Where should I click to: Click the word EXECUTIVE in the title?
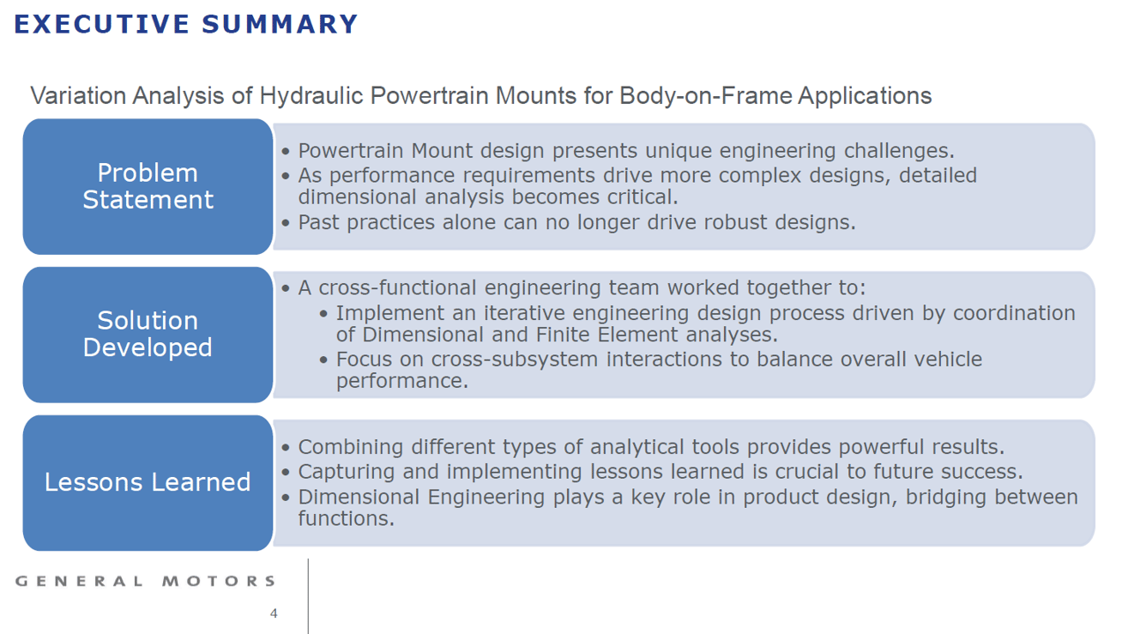(102, 24)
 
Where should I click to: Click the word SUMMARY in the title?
(280, 24)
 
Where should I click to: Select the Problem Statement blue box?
(148, 186)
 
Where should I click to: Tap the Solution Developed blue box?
(148, 335)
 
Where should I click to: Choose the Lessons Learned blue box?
(148, 483)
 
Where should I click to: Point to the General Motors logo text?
(145, 581)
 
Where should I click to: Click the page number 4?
(274, 613)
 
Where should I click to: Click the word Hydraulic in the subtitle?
(311, 96)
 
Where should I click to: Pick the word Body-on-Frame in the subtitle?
(705, 96)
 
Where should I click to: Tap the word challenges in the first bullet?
(899, 151)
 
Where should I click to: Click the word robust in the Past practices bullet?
(729, 222)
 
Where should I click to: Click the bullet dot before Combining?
(286, 448)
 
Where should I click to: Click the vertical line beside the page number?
(308, 596)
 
